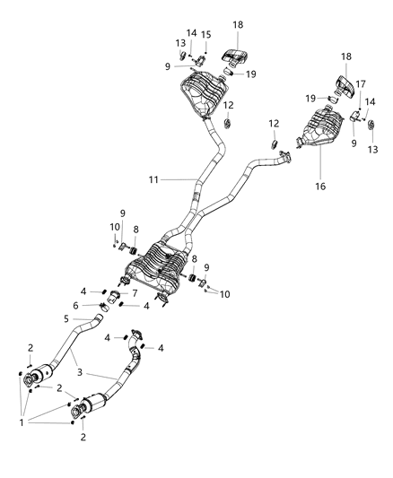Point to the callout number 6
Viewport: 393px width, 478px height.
coord(75,306)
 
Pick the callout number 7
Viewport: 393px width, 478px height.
coord(135,294)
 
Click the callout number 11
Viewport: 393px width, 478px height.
coord(153,180)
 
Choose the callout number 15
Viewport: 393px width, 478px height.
coord(206,35)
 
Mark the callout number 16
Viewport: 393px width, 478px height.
coord(320,187)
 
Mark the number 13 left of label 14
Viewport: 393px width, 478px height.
coord(180,42)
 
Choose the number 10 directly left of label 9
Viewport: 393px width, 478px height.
coord(114,227)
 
